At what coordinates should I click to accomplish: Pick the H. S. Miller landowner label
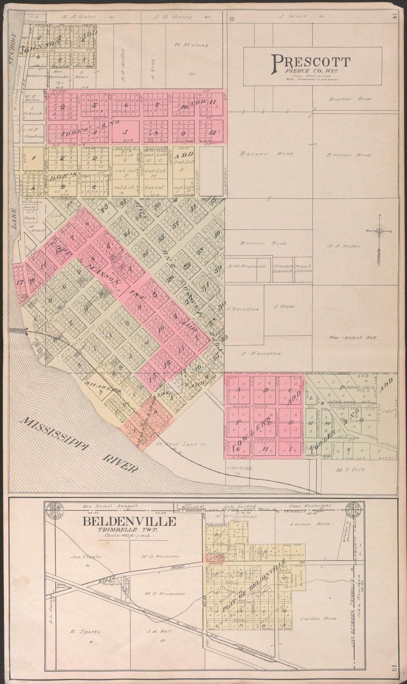[344, 246]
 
